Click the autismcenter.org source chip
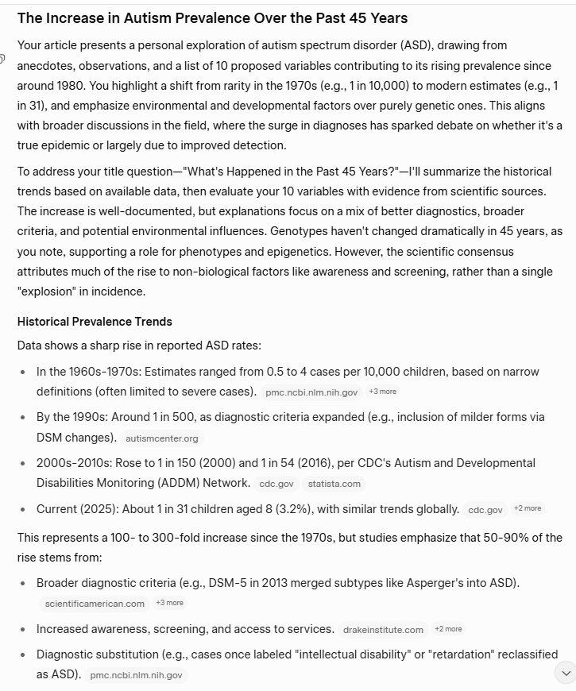coord(162,438)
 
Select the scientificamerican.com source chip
coord(95,604)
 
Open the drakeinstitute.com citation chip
coord(384,630)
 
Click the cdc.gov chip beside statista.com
coord(276,484)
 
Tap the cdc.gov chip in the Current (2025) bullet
coord(485,510)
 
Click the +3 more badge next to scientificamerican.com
coord(169,603)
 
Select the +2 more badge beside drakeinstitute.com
coord(448,629)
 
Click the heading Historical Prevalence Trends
coord(95,322)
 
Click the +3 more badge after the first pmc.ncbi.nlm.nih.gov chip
coord(382,392)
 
